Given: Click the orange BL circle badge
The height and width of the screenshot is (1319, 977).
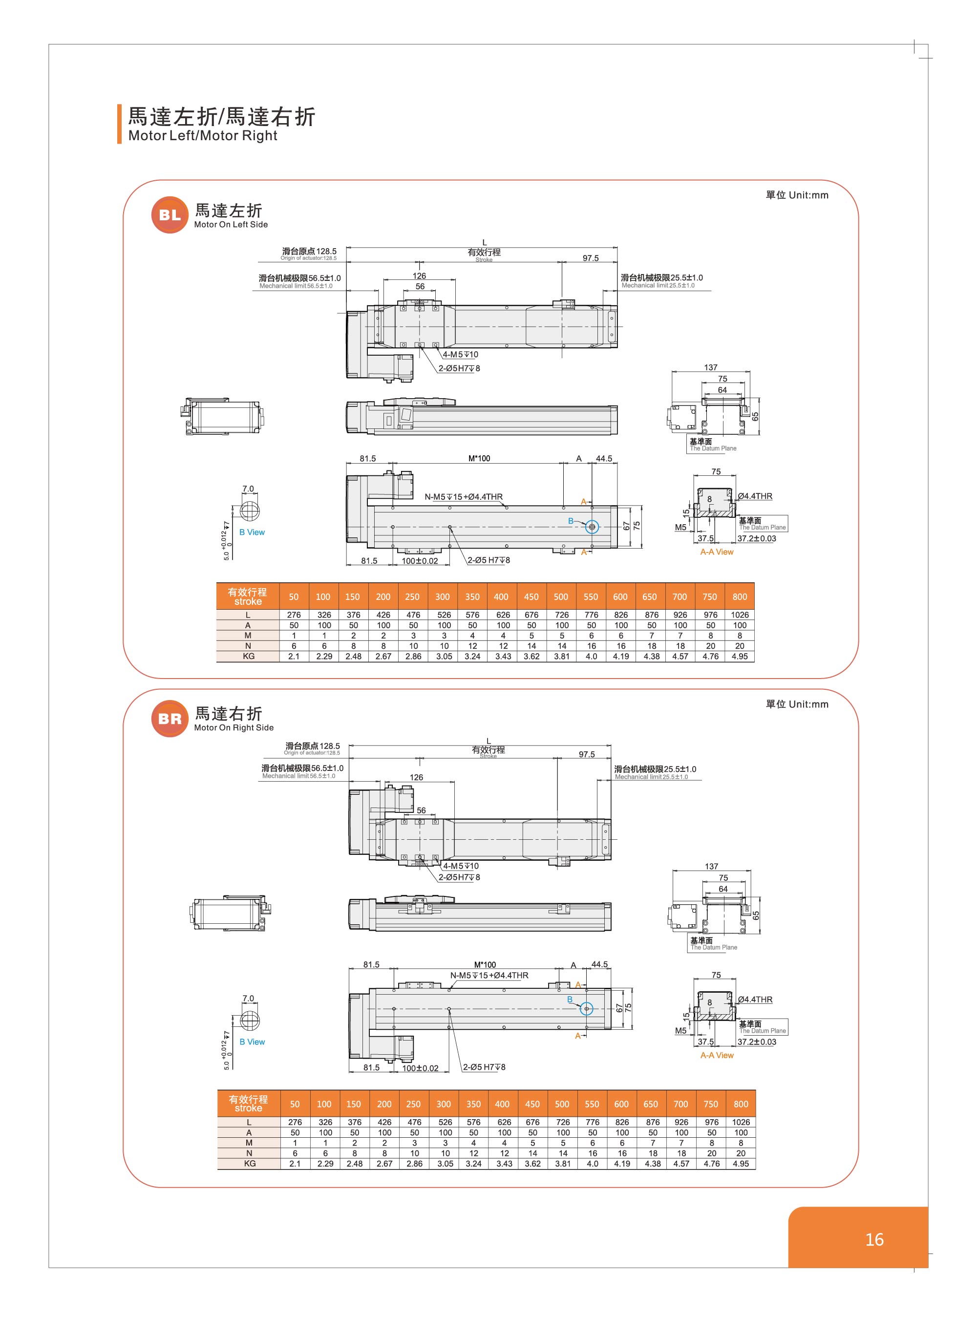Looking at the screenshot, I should pyautogui.click(x=170, y=215).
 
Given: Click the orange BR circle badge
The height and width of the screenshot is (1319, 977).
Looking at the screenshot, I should pyautogui.click(x=170, y=719).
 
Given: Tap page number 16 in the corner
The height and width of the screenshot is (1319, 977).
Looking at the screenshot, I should pyautogui.click(x=874, y=1239).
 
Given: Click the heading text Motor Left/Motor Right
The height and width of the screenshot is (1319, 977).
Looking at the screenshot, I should pyautogui.click(x=202, y=135).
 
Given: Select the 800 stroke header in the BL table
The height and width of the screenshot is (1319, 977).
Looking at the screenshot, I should pyautogui.click(x=739, y=597).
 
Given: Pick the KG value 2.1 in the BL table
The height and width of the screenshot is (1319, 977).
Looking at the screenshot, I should pyautogui.click(x=294, y=656).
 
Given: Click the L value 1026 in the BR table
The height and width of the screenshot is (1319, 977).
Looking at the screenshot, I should pyautogui.click(x=741, y=1122).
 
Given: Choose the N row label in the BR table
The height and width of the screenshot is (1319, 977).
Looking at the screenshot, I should pyautogui.click(x=249, y=1153).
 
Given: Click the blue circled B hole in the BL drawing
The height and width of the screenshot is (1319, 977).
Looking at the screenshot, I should pyautogui.click(x=592, y=527).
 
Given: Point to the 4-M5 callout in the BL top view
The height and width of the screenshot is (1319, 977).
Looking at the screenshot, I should pyautogui.click(x=460, y=354).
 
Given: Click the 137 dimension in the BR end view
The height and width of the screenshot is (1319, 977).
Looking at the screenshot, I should pyautogui.click(x=711, y=866).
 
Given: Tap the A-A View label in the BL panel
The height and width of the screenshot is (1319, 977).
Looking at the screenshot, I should pyautogui.click(x=716, y=552).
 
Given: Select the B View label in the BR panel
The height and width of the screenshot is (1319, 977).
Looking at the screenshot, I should pyautogui.click(x=252, y=1042).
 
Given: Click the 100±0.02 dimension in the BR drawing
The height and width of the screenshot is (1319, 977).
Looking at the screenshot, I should pyautogui.click(x=420, y=1068).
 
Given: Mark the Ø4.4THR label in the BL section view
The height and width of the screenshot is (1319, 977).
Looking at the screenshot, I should pyautogui.click(x=755, y=496).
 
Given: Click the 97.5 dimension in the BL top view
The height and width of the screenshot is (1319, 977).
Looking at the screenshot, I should pyautogui.click(x=590, y=258).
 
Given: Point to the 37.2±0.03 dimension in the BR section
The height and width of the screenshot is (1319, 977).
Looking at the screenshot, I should pyautogui.click(x=756, y=1042).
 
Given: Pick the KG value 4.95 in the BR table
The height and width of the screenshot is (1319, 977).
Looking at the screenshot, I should pyautogui.click(x=741, y=1164).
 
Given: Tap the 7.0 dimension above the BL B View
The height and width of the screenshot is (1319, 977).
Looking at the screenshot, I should pyautogui.click(x=248, y=489).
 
